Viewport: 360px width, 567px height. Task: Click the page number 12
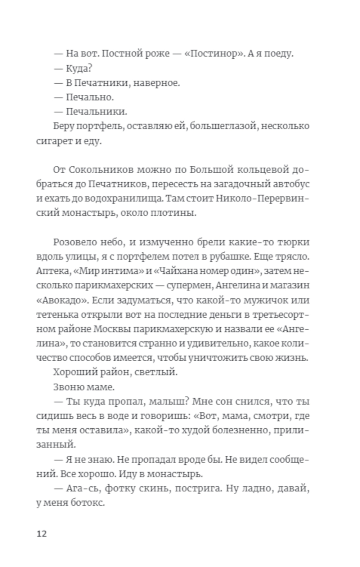(x=42, y=533)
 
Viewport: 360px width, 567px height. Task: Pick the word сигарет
(x=55, y=141)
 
